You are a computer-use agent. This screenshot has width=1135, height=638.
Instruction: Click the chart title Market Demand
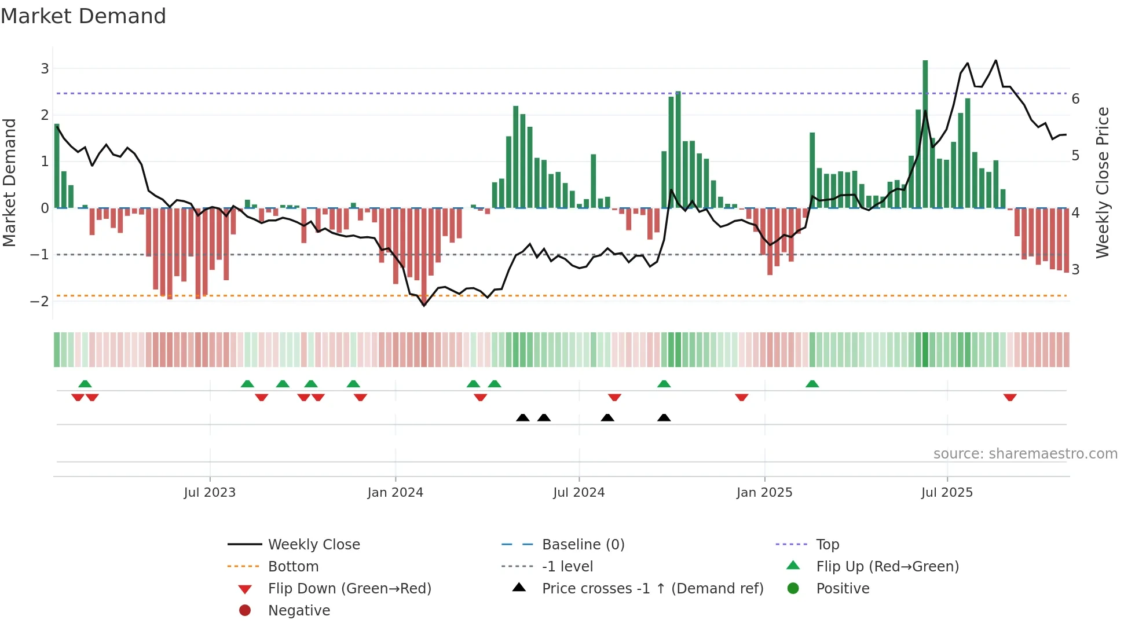[x=83, y=16]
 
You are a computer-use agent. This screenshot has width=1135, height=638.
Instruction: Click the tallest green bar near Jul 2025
[x=925, y=133]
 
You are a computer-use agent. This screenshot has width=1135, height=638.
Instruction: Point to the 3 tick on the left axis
[x=45, y=69]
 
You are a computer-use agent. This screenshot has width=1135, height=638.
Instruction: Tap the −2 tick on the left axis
[x=40, y=301]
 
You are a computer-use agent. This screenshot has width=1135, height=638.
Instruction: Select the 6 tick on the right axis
[x=1075, y=99]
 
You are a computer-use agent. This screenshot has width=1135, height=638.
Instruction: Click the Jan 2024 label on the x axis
[x=395, y=493]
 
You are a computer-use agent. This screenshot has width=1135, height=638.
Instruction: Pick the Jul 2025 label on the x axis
[x=947, y=493]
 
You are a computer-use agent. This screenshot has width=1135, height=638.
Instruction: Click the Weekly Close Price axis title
[x=1103, y=182]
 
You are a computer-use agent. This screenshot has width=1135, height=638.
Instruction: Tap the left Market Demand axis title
[x=10, y=182]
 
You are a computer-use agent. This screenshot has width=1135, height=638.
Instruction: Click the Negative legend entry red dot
[x=245, y=611]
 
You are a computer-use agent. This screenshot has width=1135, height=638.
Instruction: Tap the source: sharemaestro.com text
[x=1025, y=454]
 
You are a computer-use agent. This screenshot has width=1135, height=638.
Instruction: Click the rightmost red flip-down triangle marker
[x=1010, y=397]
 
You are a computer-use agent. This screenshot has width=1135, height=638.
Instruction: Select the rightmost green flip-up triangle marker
[x=812, y=384]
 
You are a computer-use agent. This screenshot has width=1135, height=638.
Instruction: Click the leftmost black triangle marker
[x=522, y=417]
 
